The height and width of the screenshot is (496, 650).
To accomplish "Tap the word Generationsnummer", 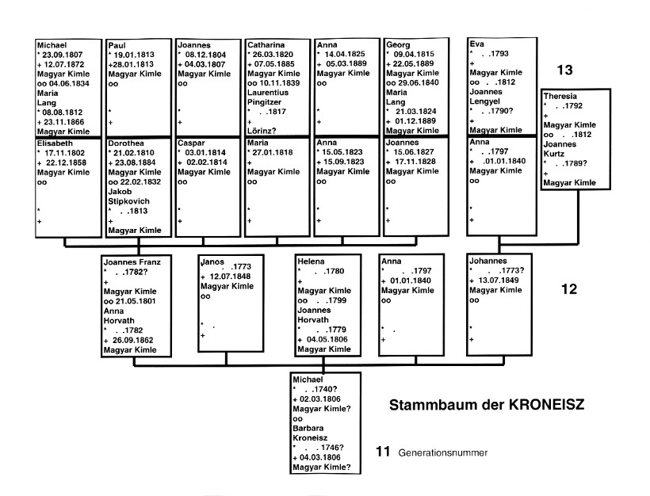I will pyautogui.click(x=443, y=453).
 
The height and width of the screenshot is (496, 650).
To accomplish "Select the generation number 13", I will pyautogui.click(x=564, y=71).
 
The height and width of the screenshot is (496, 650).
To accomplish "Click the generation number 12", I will pyautogui.click(x=568, y=289).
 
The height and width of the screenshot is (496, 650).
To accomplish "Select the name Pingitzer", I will pyautogui.click(x=266, y=101).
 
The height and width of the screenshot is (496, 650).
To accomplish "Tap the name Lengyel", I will pyautogui.click(x=487, y=101).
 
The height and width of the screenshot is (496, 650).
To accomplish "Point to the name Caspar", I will pyautogui.click(x=192, y=143).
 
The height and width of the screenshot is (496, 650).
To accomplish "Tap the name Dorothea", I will pyautogui.click(x=127, y=143).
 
